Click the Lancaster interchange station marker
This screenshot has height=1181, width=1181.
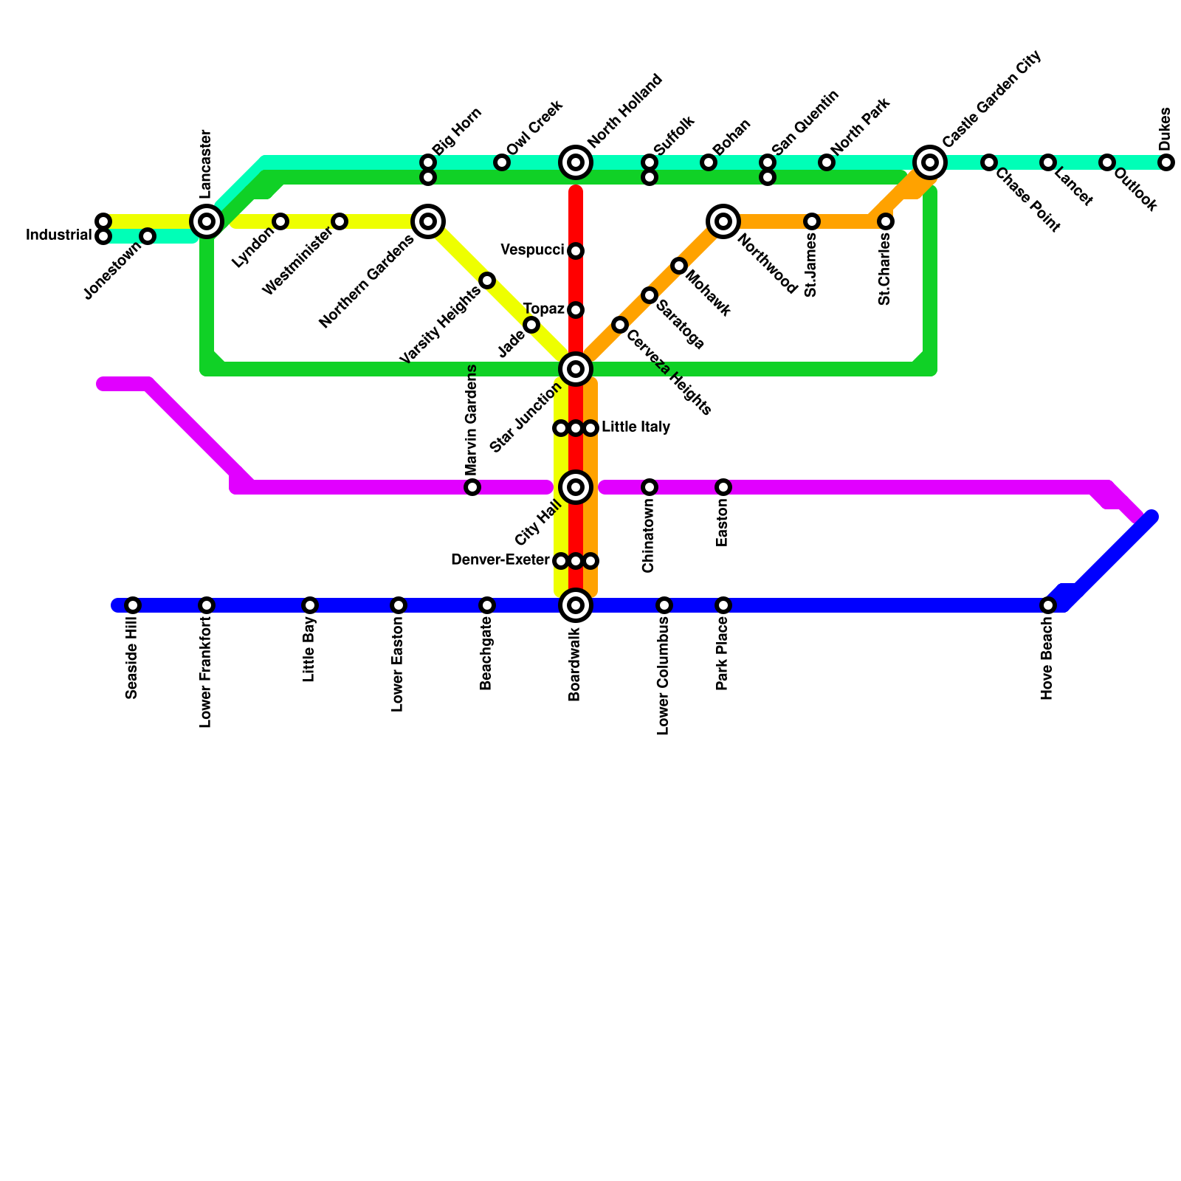coord(207,221)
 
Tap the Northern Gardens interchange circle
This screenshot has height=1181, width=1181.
coord(428,221)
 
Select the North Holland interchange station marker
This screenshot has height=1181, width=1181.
coord(576,162)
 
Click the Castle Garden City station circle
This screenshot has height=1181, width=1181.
coord(930,162)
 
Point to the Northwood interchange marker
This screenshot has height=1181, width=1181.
coord(723,221)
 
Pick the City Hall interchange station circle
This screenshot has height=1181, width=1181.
coord(576,486)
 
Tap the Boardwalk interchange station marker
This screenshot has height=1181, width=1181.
coord(576,605)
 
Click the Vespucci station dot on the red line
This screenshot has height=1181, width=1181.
coord(576,251)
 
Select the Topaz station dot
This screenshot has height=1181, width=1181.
coord(576,309)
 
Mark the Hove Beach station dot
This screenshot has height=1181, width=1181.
coord(1048,605)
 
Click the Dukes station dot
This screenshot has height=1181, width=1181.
coord(1165,162)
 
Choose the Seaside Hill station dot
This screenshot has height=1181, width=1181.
coord(133,605)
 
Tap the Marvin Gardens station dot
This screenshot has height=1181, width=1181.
coord(472,486)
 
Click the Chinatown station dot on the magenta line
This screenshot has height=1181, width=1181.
coord(650,486)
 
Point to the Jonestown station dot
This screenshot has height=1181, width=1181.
coord(148,236)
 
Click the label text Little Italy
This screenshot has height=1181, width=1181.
coord(636,427)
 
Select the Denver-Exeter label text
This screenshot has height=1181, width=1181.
coord(500,560)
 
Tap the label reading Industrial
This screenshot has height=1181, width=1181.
coord(58,235)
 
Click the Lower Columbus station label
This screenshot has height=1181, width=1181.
coord(664,675)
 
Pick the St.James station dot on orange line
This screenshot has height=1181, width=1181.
coord(812,221)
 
